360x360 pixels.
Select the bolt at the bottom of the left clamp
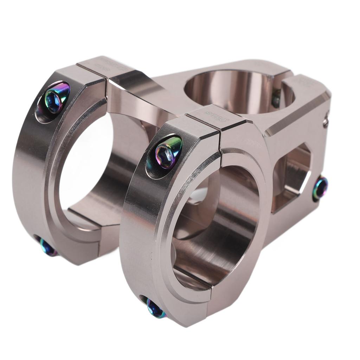(47, 247)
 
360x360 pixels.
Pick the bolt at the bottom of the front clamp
(154, 309)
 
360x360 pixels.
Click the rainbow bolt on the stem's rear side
(320, 188)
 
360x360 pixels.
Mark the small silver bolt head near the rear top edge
(326, 121)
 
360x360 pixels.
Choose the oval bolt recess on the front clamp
(163, 157)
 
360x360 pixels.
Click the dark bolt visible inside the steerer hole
(276, 99)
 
